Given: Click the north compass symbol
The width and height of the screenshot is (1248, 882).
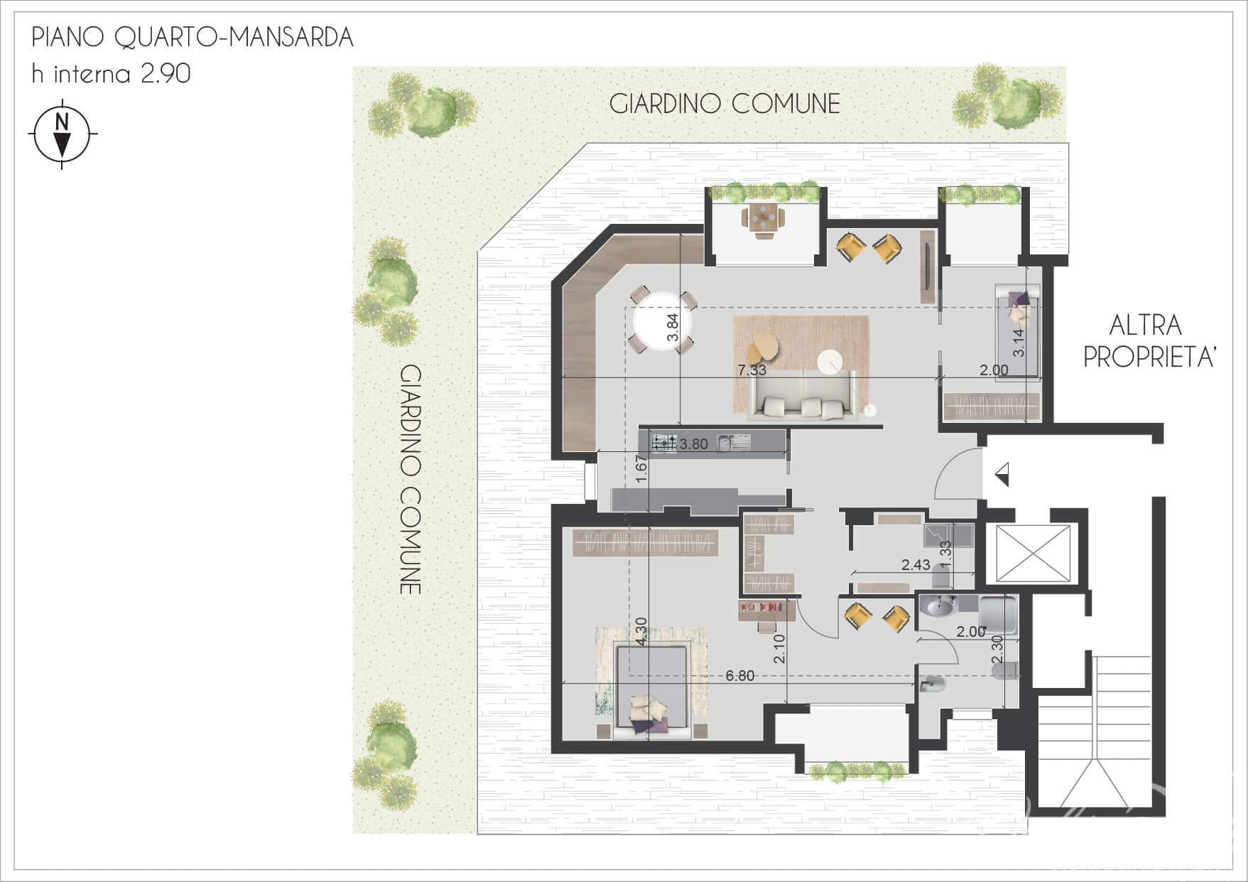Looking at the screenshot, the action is pos(63,134).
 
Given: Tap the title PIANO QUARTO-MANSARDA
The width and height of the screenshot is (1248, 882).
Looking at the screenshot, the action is pos(192,38).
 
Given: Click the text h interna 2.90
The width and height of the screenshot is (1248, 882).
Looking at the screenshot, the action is pos(111,74).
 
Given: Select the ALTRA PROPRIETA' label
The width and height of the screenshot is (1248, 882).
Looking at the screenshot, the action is pos(1145,341).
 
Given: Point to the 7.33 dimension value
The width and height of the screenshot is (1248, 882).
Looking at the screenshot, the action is pos(752,370).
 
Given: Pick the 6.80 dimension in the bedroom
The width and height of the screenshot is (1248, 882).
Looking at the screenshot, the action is pos(740,676).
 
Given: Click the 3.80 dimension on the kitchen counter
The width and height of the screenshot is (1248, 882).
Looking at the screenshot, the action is pos(694,444).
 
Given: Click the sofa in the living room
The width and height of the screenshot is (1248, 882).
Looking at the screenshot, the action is pos(802,396).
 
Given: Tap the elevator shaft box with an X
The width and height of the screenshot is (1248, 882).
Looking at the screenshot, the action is pos(1033,553).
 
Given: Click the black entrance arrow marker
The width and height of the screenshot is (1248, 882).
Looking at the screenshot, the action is pos(1002,473).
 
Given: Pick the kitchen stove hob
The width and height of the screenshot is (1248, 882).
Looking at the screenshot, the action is pos(665,443).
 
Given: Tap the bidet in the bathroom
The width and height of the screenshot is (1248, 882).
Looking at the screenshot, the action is pos(928,686).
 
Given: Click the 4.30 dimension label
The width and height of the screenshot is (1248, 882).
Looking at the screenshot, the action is pos(641,631).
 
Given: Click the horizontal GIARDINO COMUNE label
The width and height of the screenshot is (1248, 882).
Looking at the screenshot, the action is pos(725,104).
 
